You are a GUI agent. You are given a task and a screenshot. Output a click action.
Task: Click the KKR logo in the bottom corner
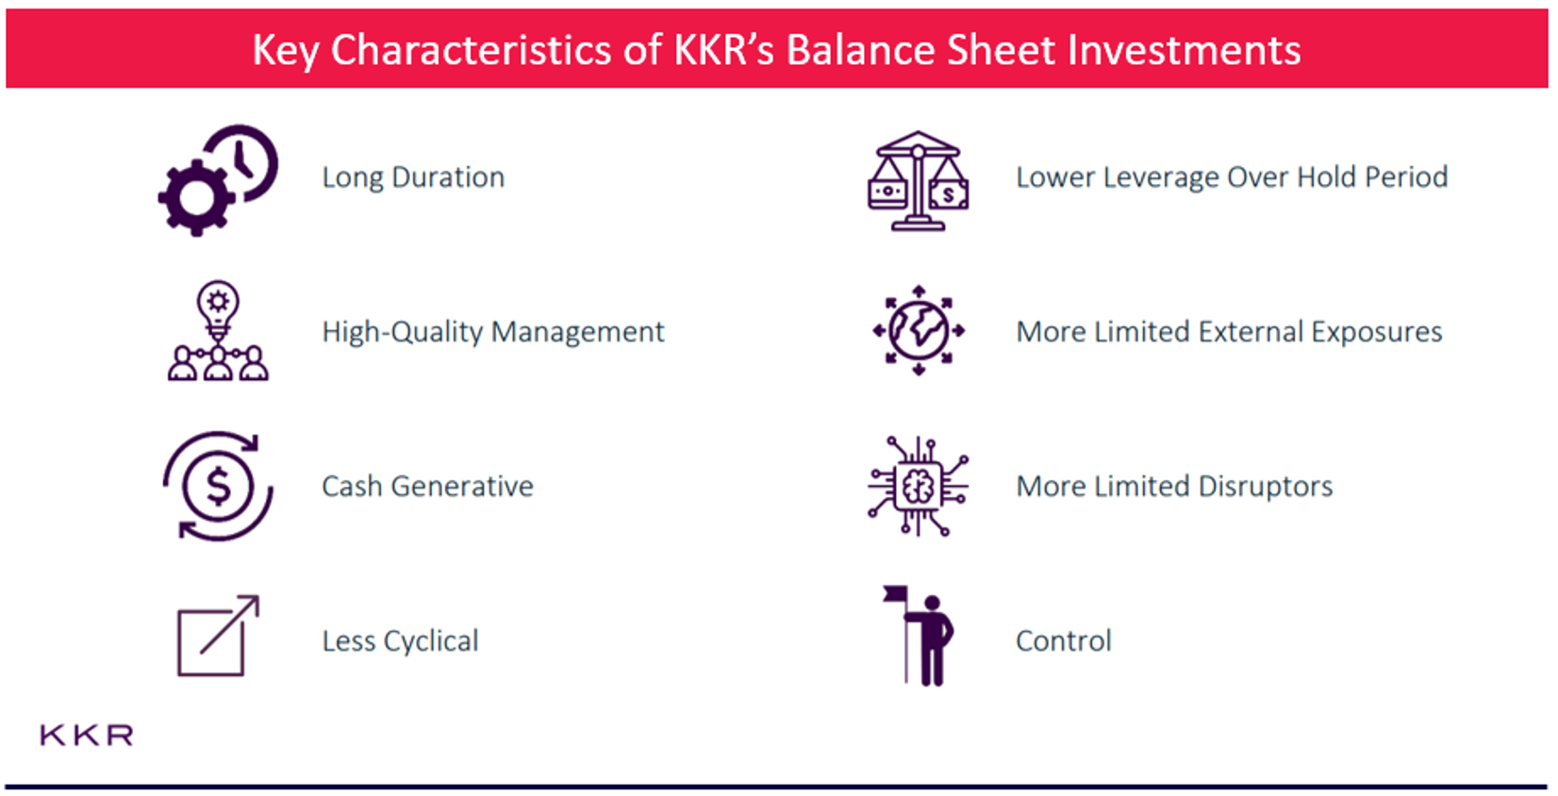[86, 735]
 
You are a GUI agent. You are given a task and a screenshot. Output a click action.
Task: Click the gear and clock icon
[218, 179]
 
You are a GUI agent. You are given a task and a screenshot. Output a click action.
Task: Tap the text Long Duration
[413, 177]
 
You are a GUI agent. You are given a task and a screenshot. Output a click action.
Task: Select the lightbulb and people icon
[218, 332]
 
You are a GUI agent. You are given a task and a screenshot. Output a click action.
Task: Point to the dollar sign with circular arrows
[218, 487]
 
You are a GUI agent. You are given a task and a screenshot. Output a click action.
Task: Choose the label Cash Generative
[427, 487]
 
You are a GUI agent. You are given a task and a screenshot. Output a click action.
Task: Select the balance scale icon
[918, 181]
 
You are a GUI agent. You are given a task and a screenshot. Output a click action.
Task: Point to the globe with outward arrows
[918, 331]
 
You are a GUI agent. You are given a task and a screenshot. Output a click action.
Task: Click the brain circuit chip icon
[918, 487]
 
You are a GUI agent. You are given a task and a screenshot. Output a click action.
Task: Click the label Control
[1063, 641]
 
